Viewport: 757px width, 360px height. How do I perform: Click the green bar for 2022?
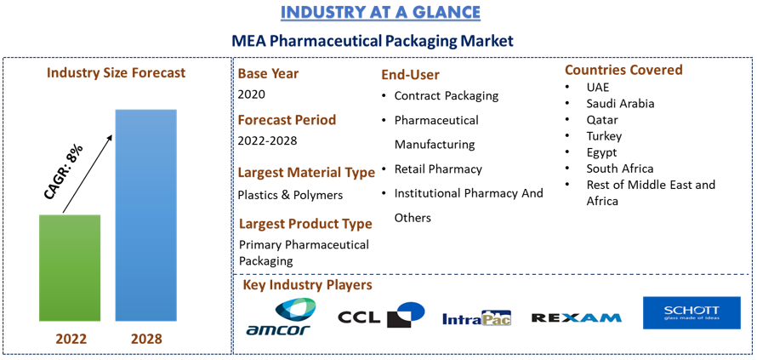pos(70,268)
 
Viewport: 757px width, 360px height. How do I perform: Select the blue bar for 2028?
pos(145,215)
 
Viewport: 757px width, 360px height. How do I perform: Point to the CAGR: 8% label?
pos(63,171)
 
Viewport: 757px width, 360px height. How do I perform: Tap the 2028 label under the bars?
pos(146,339)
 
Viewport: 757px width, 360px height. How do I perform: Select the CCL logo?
pos(381,315)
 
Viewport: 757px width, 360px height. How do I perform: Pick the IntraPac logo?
pos(476,317)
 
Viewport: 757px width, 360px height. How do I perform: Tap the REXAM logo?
pos(576,317)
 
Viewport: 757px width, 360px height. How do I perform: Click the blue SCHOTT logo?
pos(692,312)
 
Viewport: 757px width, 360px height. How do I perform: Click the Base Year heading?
pos(269,74)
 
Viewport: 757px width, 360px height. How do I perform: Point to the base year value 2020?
pos(252,94)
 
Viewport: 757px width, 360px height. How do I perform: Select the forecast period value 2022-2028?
pos(267,141)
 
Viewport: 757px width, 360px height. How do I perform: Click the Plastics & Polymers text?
pos(290,195)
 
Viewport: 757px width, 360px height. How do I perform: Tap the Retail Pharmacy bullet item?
pos(438,169)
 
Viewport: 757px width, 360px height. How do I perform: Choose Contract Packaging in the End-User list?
pos(446,95)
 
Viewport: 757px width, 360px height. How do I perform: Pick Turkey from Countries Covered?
pos(604,136)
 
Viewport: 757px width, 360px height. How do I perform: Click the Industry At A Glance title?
pos(380,13)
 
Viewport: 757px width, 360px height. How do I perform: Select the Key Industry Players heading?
pos(308,285)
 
